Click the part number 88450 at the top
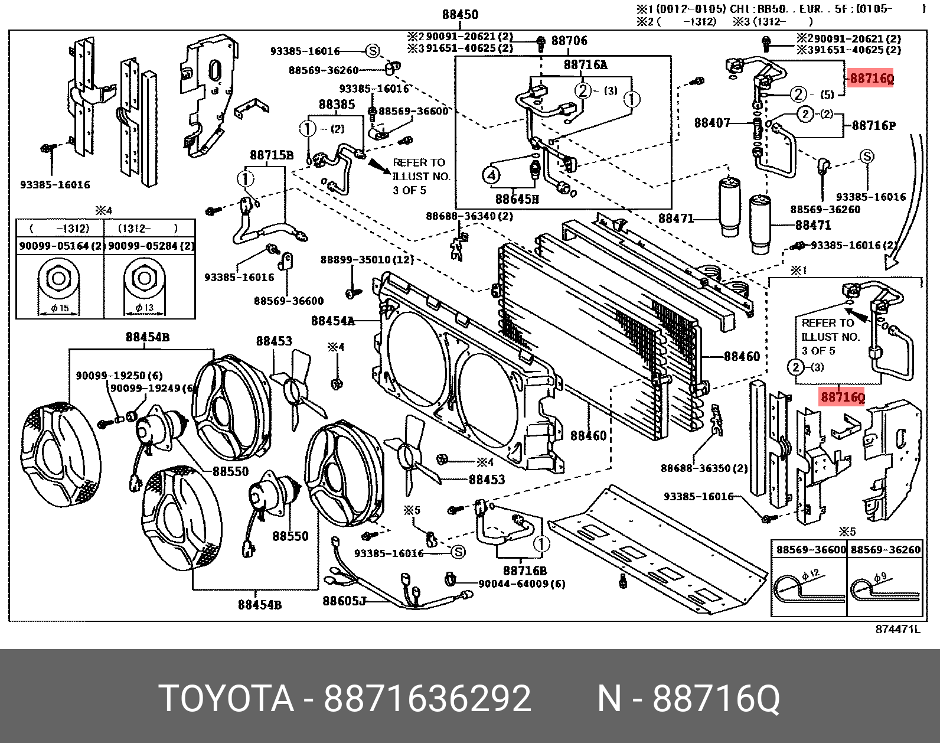coord(460,15)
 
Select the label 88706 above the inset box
coord(569,41)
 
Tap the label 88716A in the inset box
coord(585,65)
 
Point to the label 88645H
coord(517,198)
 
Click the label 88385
coord(337,105)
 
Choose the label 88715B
coord(271,155)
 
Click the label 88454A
coord(333,321)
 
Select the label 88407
coord(712,123)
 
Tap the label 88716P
coord(873,126)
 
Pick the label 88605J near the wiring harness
coord(344,601)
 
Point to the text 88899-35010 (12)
coord(367,260)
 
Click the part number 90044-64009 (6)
coord(521,584)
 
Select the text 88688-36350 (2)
coord(704,468)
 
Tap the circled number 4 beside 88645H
coord(491,175)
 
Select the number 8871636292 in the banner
coord(427,699)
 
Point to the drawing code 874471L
coord(897,630)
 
